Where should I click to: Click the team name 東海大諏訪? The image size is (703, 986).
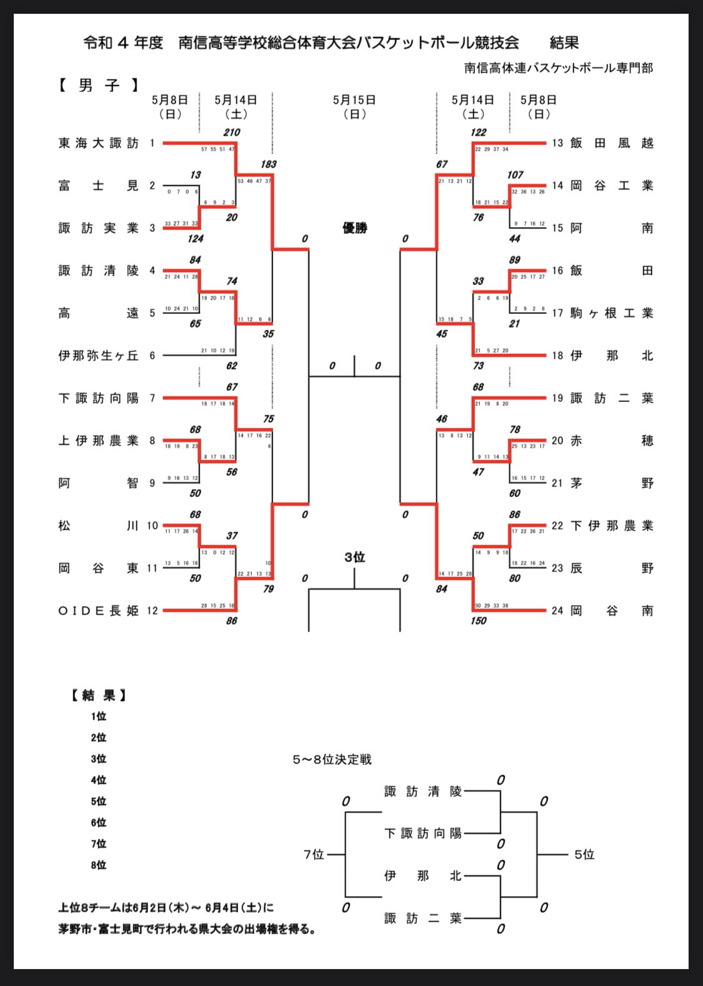[x=99, y=143]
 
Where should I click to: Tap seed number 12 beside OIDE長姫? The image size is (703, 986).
[x=152, y=611]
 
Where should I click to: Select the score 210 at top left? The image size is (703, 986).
[x=232, y=133]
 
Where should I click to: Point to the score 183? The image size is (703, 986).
[x=268, y=164]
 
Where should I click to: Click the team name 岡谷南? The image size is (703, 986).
[x=611, y=611]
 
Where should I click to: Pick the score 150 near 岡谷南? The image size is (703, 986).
[x=479, y=621]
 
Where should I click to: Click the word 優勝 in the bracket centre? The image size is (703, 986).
[x=354, y=228]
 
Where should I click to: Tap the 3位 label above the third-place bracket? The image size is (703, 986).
[x=354, y=557]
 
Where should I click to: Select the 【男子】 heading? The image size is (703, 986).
[x=99, y=85]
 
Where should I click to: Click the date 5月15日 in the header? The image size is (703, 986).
[x=354, y=100]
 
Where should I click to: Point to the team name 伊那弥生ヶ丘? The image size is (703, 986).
[x=99, y=356]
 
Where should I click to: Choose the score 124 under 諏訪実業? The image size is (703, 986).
[x=195, y=239]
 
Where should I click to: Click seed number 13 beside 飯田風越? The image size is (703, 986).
[x=557, y=143]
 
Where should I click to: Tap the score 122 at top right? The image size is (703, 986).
[x=479, y=133]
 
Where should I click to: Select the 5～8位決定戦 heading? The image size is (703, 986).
[x=332, y=760]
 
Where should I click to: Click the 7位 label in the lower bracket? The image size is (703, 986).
[x=314, y=855]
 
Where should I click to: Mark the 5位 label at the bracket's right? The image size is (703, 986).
[x=584, y=855]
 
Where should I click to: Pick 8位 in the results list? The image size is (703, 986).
[x=99, y=865]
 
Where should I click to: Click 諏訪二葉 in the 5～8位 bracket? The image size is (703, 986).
[x=423, y=918]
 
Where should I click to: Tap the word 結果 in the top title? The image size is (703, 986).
[x=564, y=43]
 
